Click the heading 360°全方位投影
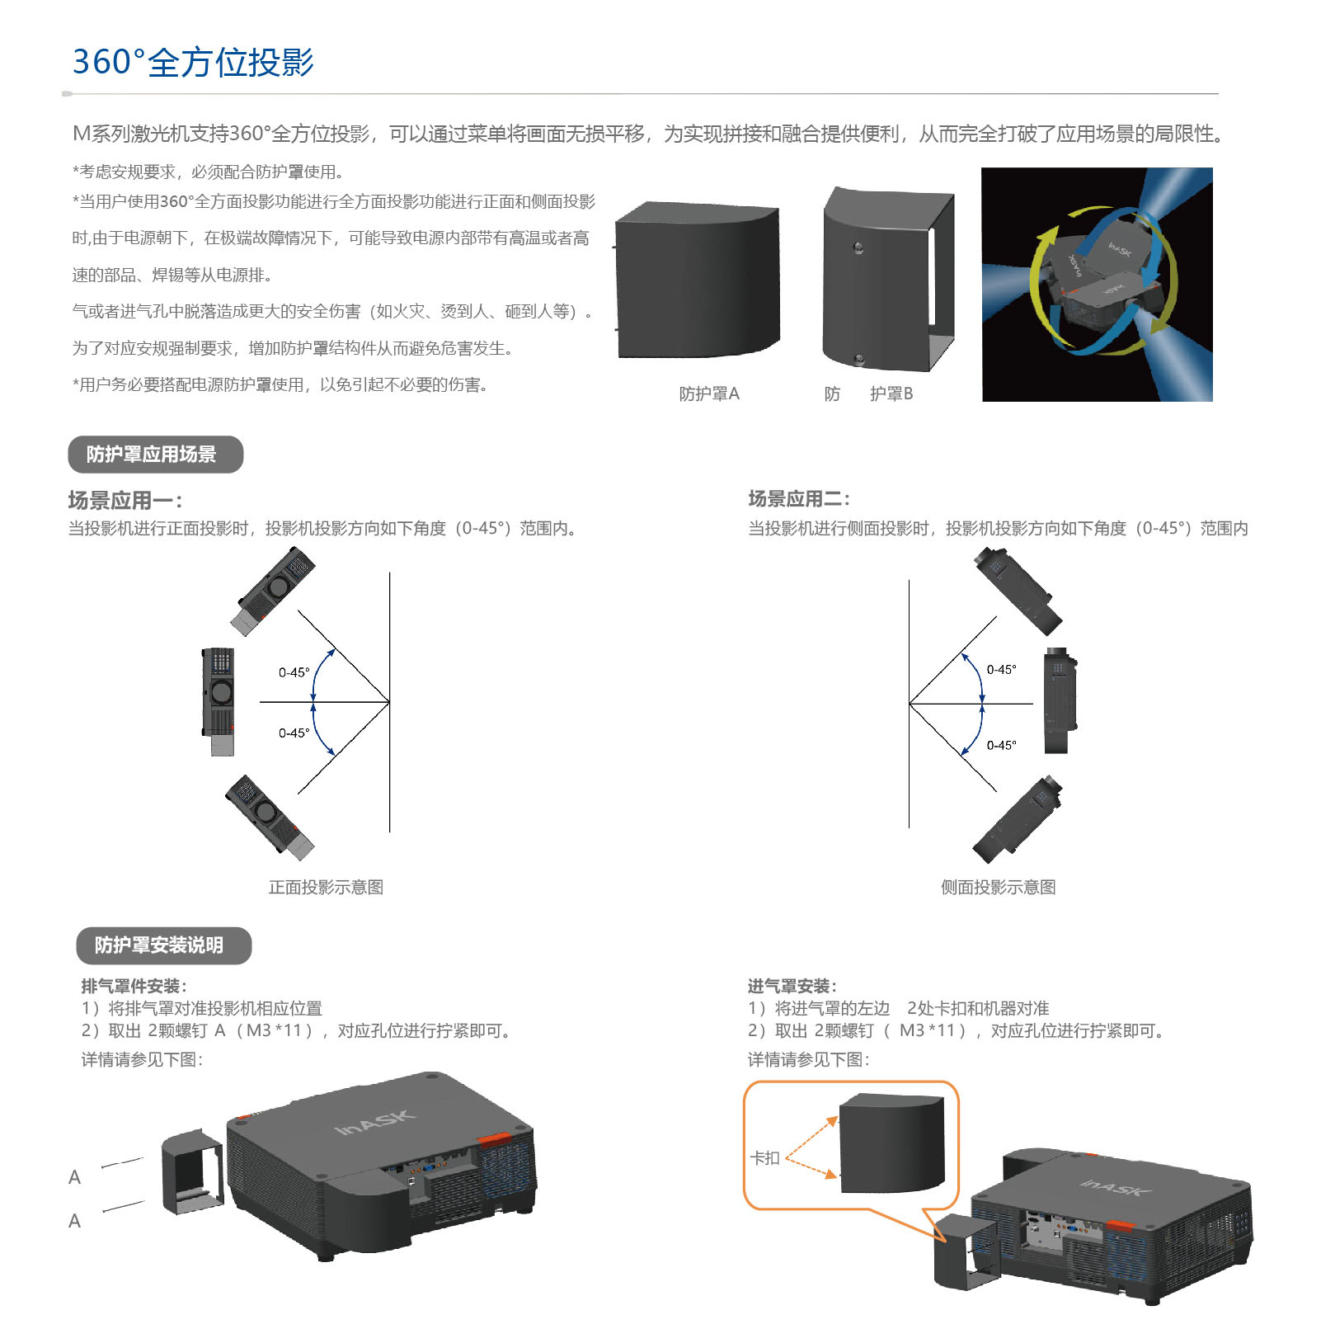point(193,62)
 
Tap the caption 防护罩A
point(709,393)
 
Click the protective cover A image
point(698,280)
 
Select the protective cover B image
point(888,279)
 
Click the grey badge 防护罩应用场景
point(156,455)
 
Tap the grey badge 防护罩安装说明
point(163,945)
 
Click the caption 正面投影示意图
point(326,887)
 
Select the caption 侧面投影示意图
point(999,887)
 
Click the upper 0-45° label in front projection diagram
point(294,672)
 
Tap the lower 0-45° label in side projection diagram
point(1002,745)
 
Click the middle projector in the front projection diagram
point(219,701)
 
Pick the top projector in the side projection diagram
point(1018,591)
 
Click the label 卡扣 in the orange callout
point(765,1158)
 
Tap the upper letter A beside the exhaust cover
point(75,1177)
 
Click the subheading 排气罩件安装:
point(134,986)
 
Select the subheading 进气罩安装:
point(792,986)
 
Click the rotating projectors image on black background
point(1098,285)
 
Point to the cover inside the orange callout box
point(891,1143)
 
